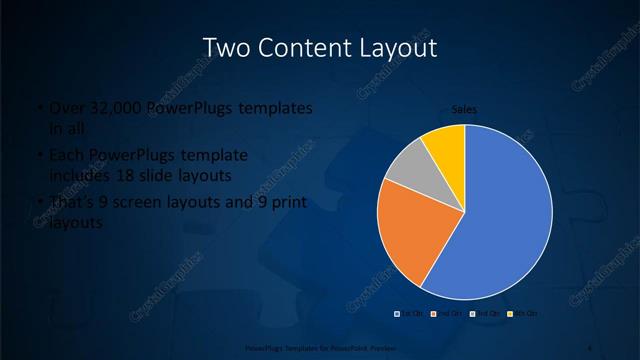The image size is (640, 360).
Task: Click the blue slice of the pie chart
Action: click(x=510, y=215)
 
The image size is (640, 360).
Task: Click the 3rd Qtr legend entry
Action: click(x=487, y=314)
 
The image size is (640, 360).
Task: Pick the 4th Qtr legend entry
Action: click(x=524, y=314)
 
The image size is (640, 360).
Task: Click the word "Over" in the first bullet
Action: click(x=64, y=108)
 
